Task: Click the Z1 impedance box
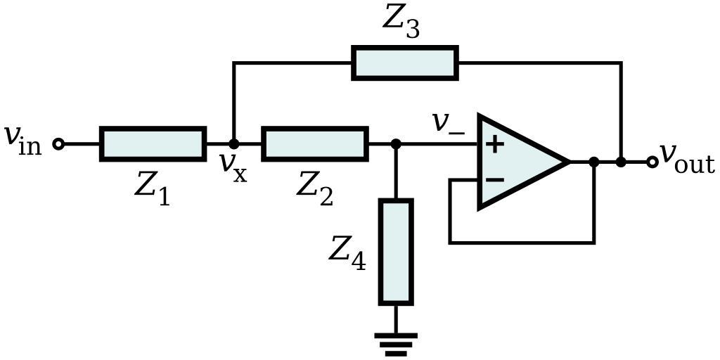153,144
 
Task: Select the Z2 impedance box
315,144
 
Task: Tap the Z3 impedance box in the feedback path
405,63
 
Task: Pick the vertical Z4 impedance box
396,252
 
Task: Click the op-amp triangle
520,162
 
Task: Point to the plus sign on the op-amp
495,145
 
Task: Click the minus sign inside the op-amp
495,180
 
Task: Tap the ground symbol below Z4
396,344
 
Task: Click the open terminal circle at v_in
59,144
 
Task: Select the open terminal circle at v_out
652,162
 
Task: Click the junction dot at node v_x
234,144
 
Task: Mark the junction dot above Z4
396,144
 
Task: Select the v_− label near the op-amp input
448,124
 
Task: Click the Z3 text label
401,21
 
